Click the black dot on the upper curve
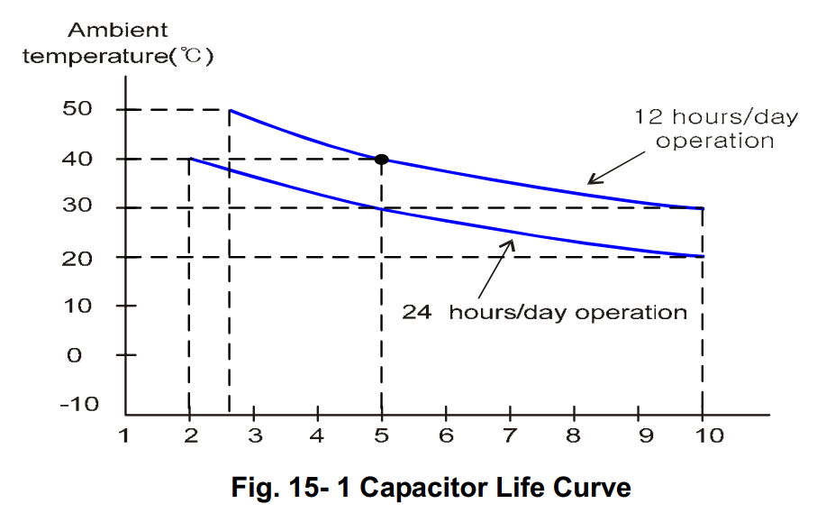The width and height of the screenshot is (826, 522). (x=381, y=160)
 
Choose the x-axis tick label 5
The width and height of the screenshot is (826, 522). (x=381, y=436)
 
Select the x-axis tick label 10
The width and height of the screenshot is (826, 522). (x=710, y=436)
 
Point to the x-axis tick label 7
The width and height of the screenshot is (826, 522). (x=510, y=436)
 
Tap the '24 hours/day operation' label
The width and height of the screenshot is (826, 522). (x=544, y=313)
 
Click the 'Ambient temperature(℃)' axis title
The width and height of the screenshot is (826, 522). (x=117, y=43)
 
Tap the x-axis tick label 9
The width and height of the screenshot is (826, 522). (x=639, y=436)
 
